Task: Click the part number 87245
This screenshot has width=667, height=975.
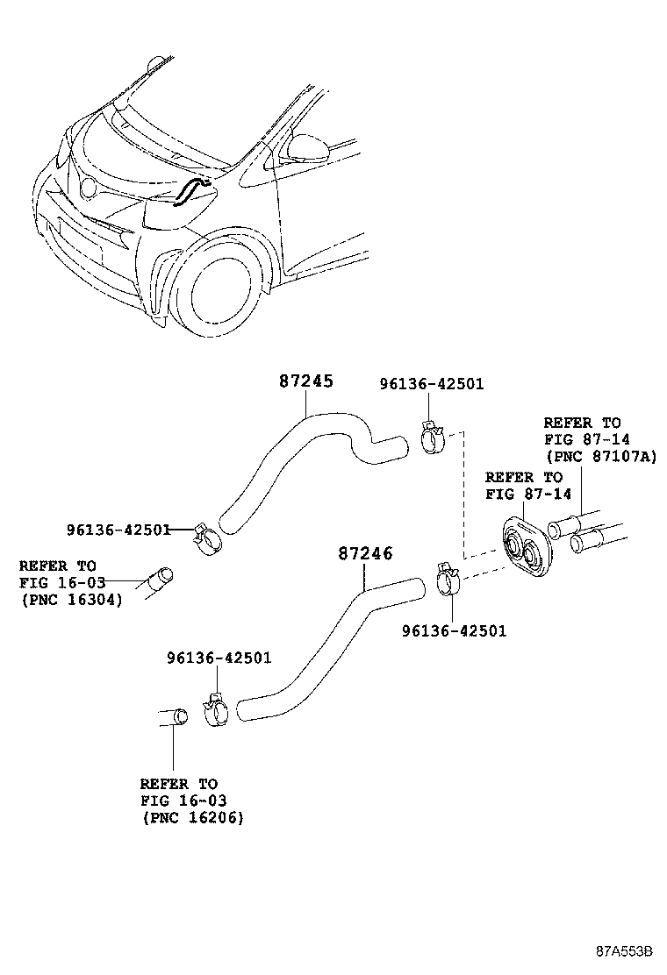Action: pos(306,381)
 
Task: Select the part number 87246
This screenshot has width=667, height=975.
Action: pos(365,554)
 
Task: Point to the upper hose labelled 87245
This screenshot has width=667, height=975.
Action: pos(290,452)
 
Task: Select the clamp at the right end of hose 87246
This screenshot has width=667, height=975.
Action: pos(448,579)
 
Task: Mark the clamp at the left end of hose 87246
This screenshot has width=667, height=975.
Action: pos(216,711)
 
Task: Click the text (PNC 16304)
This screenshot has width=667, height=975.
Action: pos(70,600)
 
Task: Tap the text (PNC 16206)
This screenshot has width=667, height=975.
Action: pos(191,817)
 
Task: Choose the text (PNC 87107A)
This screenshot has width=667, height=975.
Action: pos(600,457)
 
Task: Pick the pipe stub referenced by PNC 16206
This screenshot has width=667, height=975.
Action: pos(175,717)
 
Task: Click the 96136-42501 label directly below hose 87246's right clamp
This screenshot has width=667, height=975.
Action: pos(454,630)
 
